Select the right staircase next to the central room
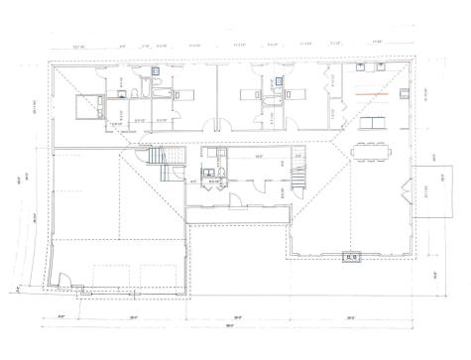pos(296,178)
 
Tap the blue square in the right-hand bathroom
pos(279,79)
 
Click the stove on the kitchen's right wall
pos(405,95)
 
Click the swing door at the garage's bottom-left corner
pos(78,287)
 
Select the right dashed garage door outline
pos(155,278)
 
